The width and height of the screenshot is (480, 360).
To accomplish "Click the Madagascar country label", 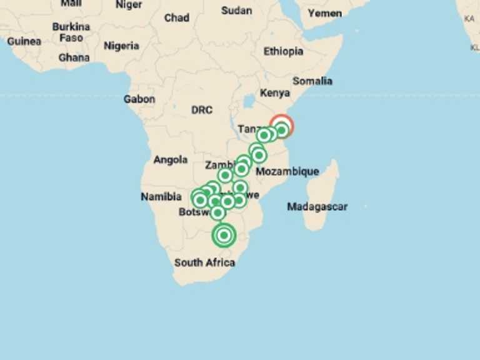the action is coord(317,206).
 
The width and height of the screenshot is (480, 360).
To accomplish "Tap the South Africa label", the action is coord(204,262).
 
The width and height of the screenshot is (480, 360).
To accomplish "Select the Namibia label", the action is coord(161,197).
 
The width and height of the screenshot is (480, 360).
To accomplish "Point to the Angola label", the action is coord(171,160).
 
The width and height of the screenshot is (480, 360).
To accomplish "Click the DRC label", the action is coord(202,110).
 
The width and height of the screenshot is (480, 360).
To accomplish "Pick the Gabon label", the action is coord(139,99).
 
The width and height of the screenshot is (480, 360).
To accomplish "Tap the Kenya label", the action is coord(275,93).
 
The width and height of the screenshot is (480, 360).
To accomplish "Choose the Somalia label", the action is coord(312,81).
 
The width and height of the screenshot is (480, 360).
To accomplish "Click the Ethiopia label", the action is coord(283,51).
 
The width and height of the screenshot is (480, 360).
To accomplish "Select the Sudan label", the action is coord(237,11).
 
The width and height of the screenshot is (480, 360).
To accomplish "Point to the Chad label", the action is coord(177,17).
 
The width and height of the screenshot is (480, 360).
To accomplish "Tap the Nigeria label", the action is coord(121,46).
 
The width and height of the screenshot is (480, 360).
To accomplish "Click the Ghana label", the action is coord(74,57).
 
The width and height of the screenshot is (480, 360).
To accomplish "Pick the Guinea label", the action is coord(24,41).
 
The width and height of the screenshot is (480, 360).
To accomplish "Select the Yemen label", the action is coord(325,12).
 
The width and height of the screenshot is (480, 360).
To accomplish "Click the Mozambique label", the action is coord(287,171).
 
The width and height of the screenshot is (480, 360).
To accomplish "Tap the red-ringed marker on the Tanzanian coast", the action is coord(281,127).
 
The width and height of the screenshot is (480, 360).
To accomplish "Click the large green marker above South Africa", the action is coord(224,236).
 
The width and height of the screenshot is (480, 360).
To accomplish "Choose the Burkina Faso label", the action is coord(71,32).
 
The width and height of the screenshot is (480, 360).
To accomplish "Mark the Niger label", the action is coord(129,4).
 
